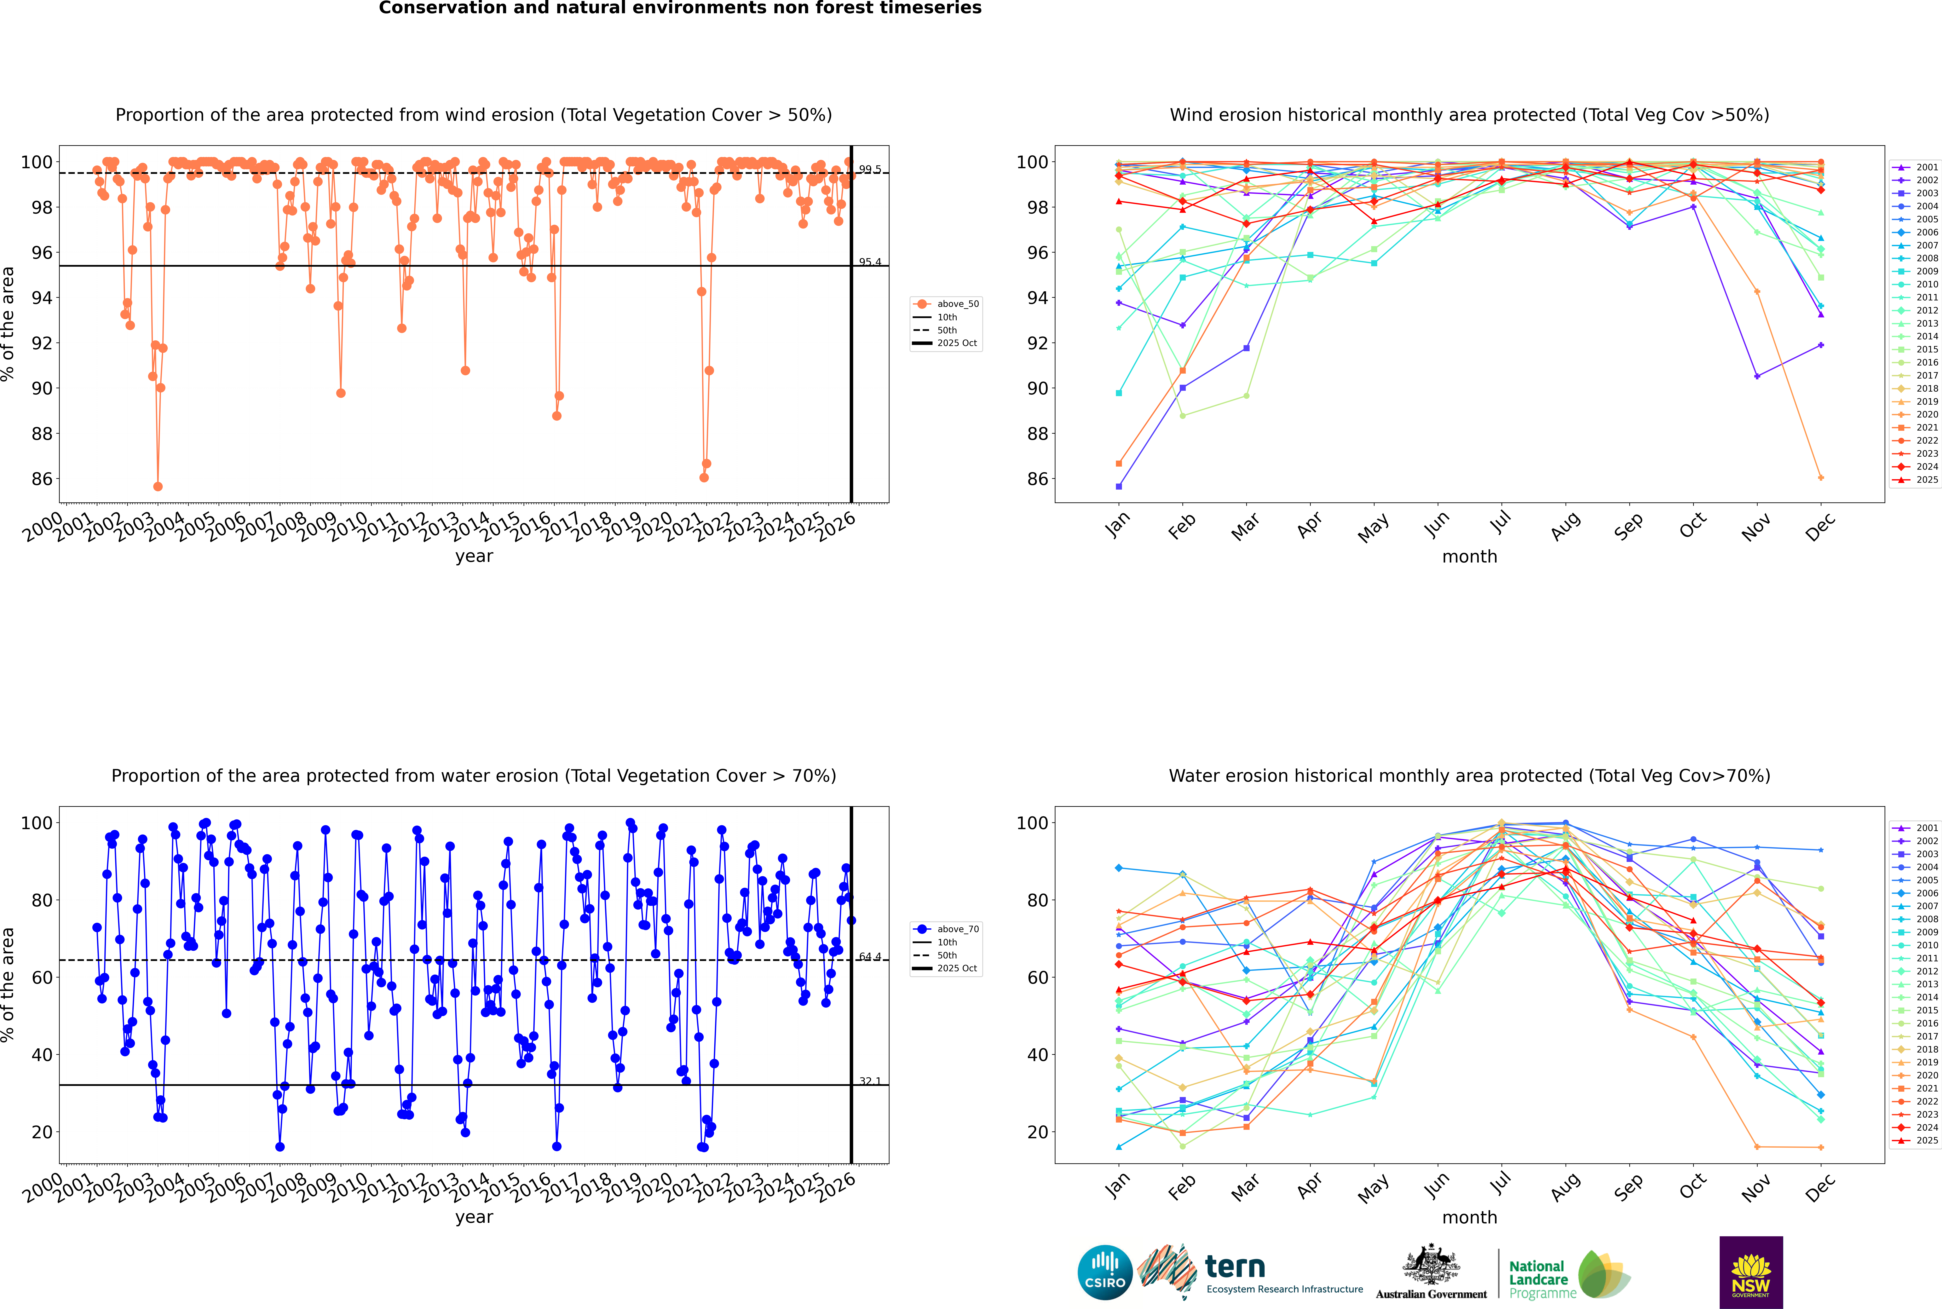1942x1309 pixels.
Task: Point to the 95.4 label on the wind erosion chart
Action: pyautogui.click(x=870, y=262)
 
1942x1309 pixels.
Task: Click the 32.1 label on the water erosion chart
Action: pyautogui.click(x=870, y=1081)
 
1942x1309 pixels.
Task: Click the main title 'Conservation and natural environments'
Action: pyautogui.click(x=680, y=8)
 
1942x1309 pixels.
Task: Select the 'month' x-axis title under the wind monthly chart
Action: pyautogui.click(x=1469, y=557)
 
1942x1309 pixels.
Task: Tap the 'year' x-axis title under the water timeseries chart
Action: pyautogui.click(x=473, y=1217)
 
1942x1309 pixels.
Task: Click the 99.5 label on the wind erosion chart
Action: pyautogui.click(x=870, y=169)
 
